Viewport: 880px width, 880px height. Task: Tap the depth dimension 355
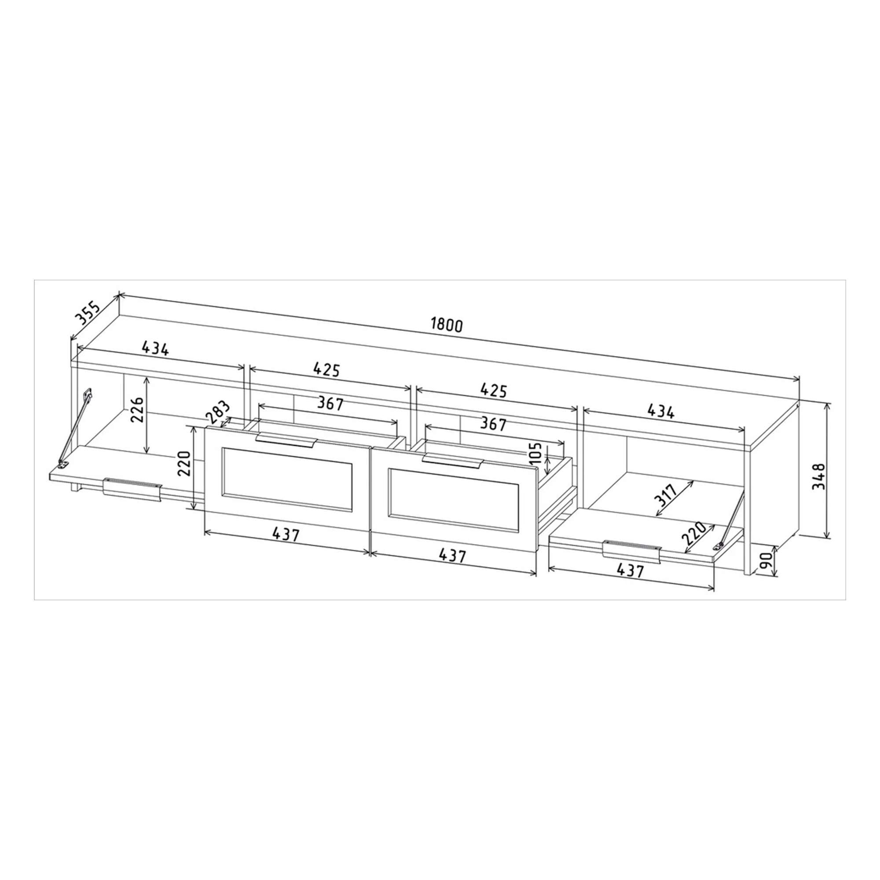pyautogui.click(x=87, y=312)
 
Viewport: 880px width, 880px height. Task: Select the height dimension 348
pyautogui.click(x=819, y=476)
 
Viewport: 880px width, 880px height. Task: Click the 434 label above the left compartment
pyautogui.click(x=155, y=348)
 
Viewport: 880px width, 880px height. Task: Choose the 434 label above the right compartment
pyautogui.click(x=660, y=412)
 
